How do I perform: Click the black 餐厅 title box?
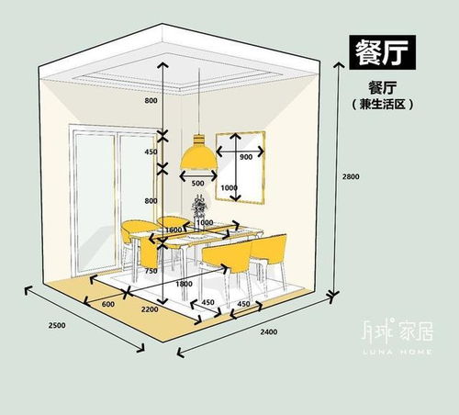tap(383, 52)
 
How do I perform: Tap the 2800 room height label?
tap(351, 176)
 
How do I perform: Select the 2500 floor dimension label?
tap(57, 325)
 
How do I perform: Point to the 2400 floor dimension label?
tap(269, 331)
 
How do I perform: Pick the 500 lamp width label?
tap(197, 183)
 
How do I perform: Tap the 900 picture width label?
tap(246, 157)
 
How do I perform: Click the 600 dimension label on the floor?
tap(108, 304)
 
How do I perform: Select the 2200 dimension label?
tap(150, 309)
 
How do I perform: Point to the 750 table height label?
tap(151, 271)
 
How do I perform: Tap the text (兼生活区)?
tap(382, 104)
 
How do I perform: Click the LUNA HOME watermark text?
tap(397, 352)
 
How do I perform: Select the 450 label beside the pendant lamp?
tap(151, 151)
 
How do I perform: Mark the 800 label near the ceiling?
tap(151, 100)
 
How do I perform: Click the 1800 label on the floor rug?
tap(184, 284)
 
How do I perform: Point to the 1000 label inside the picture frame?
tap(229, 187)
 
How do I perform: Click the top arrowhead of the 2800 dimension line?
tap(339, 63)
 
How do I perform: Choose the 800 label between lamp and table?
tap(151, 201)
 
